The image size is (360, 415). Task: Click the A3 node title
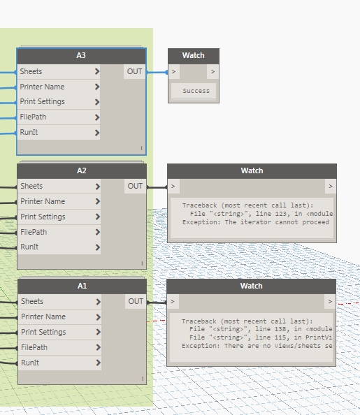point(81,56)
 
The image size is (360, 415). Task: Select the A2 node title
point(82,170)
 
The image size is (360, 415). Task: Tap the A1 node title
point(82,286)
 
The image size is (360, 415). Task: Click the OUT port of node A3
point(135,71)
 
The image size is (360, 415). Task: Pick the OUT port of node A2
point(135,186)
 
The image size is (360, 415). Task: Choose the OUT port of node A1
point(136,301)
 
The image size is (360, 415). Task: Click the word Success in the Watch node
point(196,91)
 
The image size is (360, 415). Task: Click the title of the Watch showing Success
point(194,56)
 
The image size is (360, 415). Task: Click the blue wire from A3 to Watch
point(157,72)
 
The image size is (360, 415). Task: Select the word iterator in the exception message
point(256,222)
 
